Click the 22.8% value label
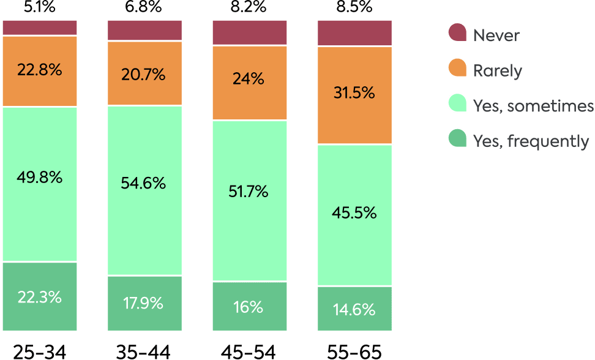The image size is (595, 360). pyautogui.click(x=40, y=70)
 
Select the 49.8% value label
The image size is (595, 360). pyautogui.click(x=40, y=178)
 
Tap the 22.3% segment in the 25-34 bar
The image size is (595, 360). pyautogui.click(x=40, y=297)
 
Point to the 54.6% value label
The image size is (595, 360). pyautogui.click(x=144, y=183)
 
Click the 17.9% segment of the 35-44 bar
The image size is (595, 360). pyautogui.click(x=144, y=302)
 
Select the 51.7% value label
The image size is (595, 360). pyautogui.click(x=249, y=192)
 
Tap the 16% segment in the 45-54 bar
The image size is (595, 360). pyautogui.click(x=249, y=307)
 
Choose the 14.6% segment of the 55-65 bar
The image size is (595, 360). pyautogui.click(x=354, y=309)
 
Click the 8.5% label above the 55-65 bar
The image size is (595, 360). pyautogui.click(x=354, y=8)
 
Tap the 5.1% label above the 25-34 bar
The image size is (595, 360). pyautogui.click(x=40, y=7)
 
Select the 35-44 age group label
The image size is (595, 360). pyautogui.click(x=144, y=351)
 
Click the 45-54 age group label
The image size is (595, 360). pyautogui.click(x=249, y=351)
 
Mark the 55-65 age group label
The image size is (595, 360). pyautogui.click(x=354, y=351)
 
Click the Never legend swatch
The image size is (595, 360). pyautogui.click(x=457, y=34)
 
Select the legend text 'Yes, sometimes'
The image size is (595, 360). pyautogui.click(x=533, y=106)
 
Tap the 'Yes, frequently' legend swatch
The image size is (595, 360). pyautogui.click(x=457, y=140)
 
